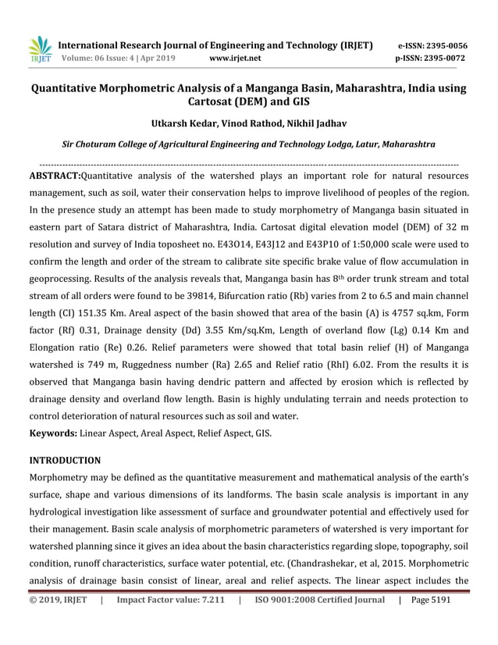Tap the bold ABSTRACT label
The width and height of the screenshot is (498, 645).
click(x=54, y=176)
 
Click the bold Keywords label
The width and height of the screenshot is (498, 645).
click(x=53, y=432)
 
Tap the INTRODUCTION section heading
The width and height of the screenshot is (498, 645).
click(x=66, y=461)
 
